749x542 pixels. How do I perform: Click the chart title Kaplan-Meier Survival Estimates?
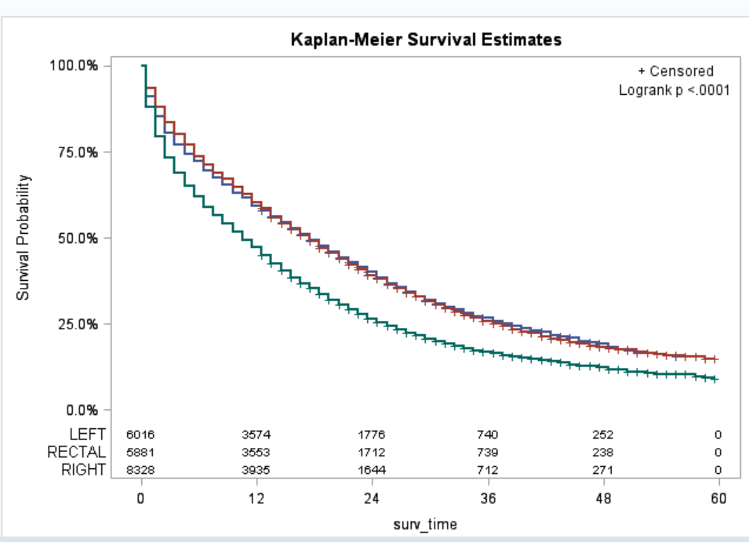[426, 39]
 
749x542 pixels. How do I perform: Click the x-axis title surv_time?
[425, 523]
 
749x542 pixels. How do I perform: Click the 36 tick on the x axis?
[487, 499]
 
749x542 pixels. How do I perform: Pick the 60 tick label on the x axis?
[718, 499]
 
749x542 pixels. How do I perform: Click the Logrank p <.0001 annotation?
[674, 90]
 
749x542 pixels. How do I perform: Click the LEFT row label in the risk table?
[87, 434]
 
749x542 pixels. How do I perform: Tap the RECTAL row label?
[76, 452]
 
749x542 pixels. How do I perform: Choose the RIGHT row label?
[83, 470]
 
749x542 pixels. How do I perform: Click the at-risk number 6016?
[141, 435]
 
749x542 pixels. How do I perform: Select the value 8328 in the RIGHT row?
[141, 471]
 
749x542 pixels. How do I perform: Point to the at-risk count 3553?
[256, 453]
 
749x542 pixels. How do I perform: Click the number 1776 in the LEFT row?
[372, 435]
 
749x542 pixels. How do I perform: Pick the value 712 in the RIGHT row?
[487, 471]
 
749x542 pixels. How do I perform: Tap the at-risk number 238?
[602, 453]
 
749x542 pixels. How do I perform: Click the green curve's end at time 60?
[714, 379]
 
